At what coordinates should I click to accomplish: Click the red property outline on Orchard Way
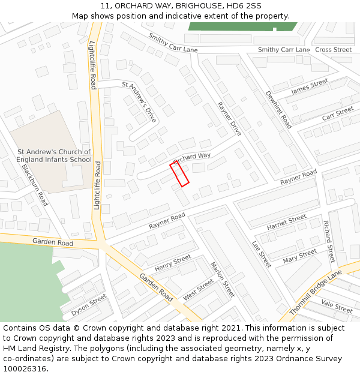click(x=179, y=173)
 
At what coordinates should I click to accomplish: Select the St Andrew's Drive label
click(x=139, y=102)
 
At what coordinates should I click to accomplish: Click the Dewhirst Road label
click(x=278, y=110)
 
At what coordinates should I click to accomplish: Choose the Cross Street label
click(x=333, y=50)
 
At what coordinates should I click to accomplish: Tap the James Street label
click(x=310, y=86)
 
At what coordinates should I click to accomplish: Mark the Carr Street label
click(x=338, y=113)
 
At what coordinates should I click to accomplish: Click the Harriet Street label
click(x=287, y=223)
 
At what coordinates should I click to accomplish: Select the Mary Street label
click(x=299, y=256)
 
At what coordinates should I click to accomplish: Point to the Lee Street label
click(x=262, y=254)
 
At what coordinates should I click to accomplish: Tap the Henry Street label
click(x=173, y=263)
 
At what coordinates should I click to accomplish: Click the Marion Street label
click(x=222, y=280)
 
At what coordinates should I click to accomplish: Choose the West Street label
click(x=198, y=289)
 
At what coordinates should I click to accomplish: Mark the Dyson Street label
click(x=89, y=305)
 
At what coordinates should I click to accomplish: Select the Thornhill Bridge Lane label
click(x=315, y=292)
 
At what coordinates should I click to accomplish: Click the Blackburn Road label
click(x=35, y=185)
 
